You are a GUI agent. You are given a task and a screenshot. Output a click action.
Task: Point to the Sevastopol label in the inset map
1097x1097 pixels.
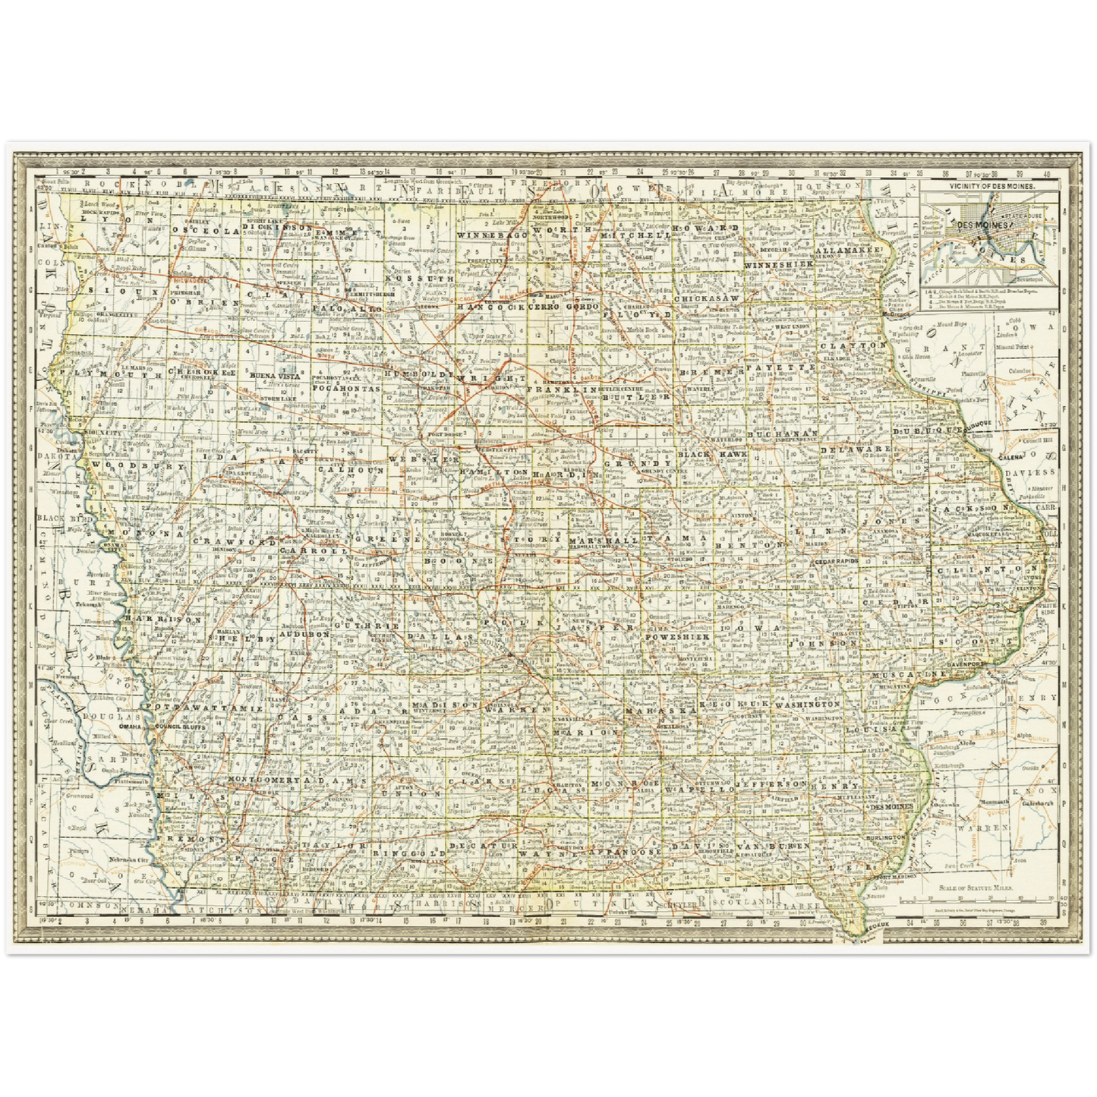tap(1018, 279)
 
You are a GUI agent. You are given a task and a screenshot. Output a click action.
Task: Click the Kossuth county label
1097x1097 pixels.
tap(408, 279)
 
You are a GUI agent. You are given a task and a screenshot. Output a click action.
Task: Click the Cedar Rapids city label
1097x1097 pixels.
tap(835, 561)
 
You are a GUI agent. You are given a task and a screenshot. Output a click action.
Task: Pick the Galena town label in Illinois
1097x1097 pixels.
tap(988, 458)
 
